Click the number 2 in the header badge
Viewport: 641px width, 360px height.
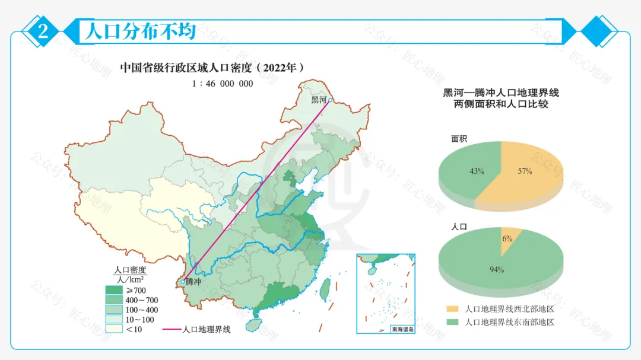click(43, 31)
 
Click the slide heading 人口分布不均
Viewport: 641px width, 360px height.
click(140, 31)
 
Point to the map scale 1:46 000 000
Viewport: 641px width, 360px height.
click(223, 84)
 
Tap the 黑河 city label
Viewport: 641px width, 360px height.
click(319, 100)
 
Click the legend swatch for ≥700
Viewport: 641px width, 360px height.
click(114, 290)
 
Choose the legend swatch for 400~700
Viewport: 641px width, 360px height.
click(114, 300)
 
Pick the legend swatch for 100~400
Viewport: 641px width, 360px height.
click(114, 310)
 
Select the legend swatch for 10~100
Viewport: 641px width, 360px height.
click(114, 320)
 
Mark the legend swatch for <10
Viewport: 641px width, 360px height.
click(114, 329)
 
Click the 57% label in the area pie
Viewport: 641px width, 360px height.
click(524, 171)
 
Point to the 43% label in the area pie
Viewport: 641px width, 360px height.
click(477, 171)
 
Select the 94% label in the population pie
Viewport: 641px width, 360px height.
click(497, 270)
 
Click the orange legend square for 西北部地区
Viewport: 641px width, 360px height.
click(452, 310)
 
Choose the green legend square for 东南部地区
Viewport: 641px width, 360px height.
click(452, 322)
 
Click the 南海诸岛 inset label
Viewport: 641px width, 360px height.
click(401, 329)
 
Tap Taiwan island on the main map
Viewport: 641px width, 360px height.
click(325, 289)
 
